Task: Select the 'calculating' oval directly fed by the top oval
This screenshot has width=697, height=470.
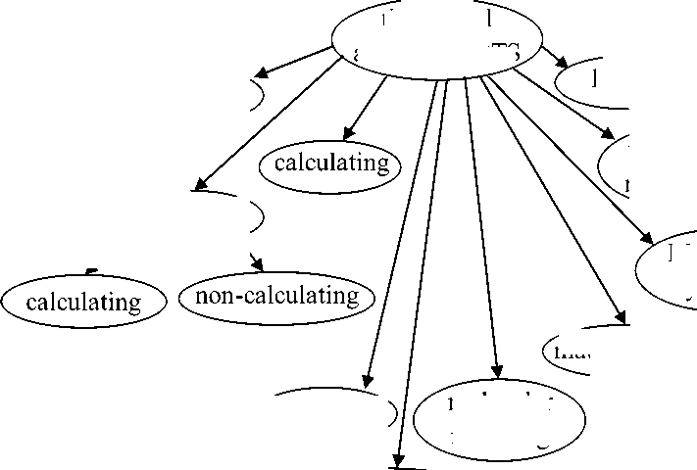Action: [330, 164]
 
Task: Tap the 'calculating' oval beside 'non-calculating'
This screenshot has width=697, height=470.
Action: [83, 301]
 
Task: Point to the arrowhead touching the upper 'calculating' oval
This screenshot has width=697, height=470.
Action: [347, 135]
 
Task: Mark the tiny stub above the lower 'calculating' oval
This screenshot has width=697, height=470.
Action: [91, 269]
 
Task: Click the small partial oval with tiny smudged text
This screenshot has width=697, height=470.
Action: [583, 350]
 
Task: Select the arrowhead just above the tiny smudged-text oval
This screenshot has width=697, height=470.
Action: [620, 316]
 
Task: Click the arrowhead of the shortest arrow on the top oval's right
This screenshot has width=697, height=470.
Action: [562, 65]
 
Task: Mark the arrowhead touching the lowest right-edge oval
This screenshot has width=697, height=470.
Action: [647, 238]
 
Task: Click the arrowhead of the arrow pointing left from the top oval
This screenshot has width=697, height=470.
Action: [260, 73]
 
